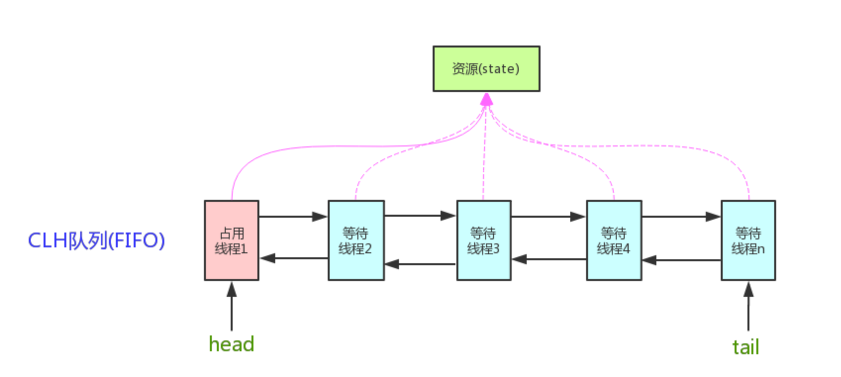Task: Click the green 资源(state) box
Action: [486, 69]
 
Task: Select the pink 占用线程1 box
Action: [232, 240]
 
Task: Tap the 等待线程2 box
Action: [356, 240]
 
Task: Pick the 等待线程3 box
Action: [484, 240]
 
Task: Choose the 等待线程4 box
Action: [614, 240]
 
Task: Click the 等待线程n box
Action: [748, 240]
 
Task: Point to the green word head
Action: [231, 344]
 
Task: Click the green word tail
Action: [745, 347]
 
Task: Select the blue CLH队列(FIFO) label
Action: [96, 240]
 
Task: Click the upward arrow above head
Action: [232, 307]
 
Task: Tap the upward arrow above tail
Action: [748, 307]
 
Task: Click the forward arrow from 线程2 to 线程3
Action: [420, 215]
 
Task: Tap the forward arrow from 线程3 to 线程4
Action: [548, 216]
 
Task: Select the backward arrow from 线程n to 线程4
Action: [681, 260]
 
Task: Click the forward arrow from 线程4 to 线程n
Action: [681, 216]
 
